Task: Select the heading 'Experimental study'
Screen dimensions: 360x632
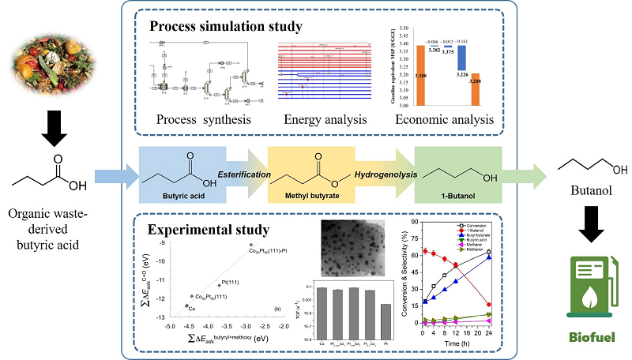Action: [x=208, y=231]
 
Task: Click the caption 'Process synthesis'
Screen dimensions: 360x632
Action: [x=203, y=121]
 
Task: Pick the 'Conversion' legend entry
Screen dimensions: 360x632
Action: [x=473, y=227]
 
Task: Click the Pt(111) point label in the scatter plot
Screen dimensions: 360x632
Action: [x=232, y=282]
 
